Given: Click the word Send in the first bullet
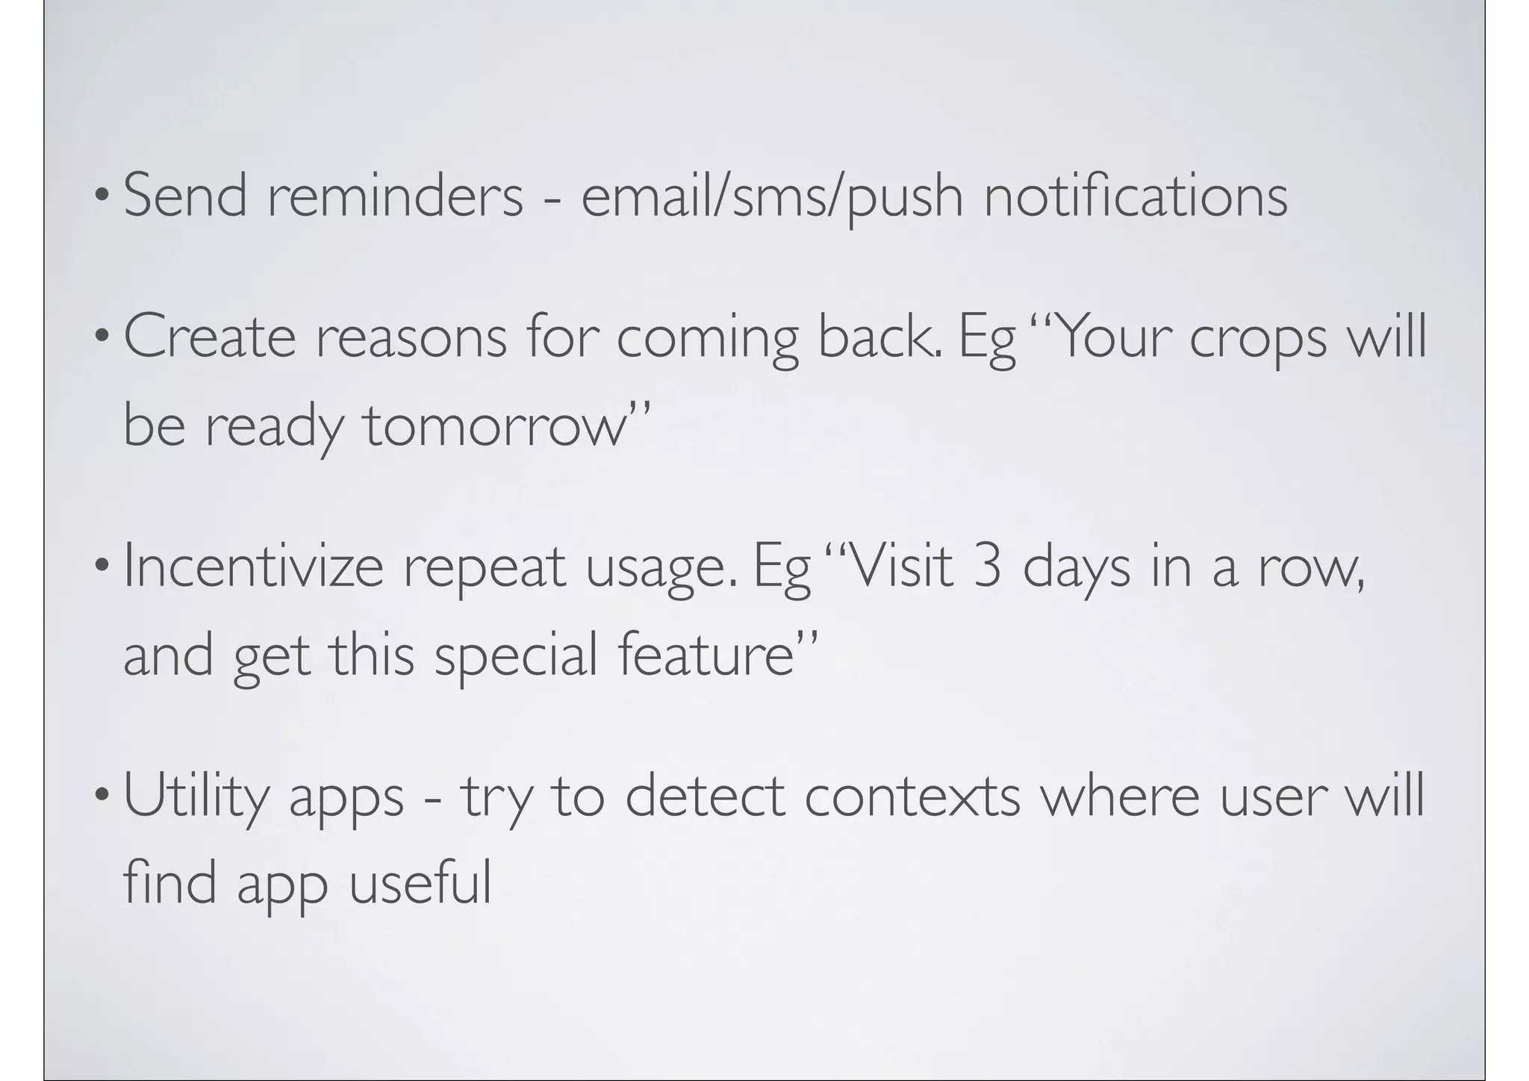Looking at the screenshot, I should pyautogui.click(x=184, y=195).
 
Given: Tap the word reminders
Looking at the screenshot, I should pyautogui.click(x=395, y=195).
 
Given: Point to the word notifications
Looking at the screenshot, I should pyautogui.click(x=1136, y=195).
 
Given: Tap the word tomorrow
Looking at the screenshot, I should pyautogui.click(x=493, y=426).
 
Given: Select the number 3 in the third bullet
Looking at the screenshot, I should pyautogui.click(x=987, y=567).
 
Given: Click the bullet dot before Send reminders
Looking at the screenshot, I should pyautogui.click(x=101, y=196).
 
